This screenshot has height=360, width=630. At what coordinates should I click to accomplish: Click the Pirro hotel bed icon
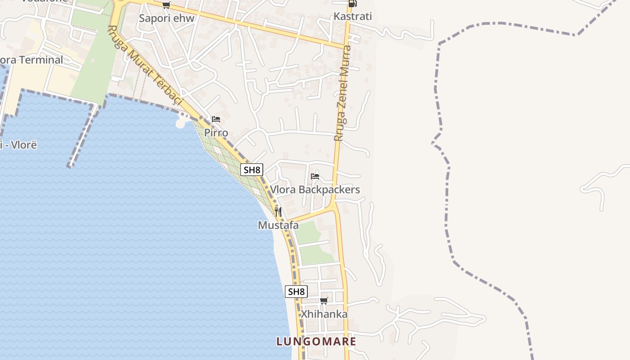(216, 119)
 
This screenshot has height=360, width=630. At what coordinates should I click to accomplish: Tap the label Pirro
(216, 133)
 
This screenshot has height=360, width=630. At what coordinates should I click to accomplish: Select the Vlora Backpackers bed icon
(315, 176)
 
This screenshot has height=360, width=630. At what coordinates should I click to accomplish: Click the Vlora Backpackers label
(315, 189)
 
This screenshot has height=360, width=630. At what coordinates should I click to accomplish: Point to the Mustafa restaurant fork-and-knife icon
(278, 211)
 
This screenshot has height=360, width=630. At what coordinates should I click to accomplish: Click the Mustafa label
(278, 225)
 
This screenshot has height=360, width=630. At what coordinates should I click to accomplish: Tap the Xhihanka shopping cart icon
(324, 301)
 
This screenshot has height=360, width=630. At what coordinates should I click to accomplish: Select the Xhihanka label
(324, 314)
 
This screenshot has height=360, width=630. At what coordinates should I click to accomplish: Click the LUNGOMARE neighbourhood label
(316, 342)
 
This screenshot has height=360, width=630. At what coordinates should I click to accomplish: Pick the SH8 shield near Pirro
(252, 170)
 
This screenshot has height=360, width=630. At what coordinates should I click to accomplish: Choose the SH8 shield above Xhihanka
(296, 292)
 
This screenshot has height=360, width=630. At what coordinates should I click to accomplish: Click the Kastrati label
(353, 17)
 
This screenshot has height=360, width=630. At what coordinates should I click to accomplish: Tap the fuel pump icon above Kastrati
(353, 4)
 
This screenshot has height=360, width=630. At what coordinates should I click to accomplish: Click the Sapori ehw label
(166, 18)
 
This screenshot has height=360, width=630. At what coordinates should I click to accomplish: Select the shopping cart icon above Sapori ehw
(166, 5)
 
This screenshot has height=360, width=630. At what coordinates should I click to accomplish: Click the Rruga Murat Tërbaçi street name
(144, 66)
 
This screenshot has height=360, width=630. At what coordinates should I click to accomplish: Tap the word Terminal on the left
(41, 60)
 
